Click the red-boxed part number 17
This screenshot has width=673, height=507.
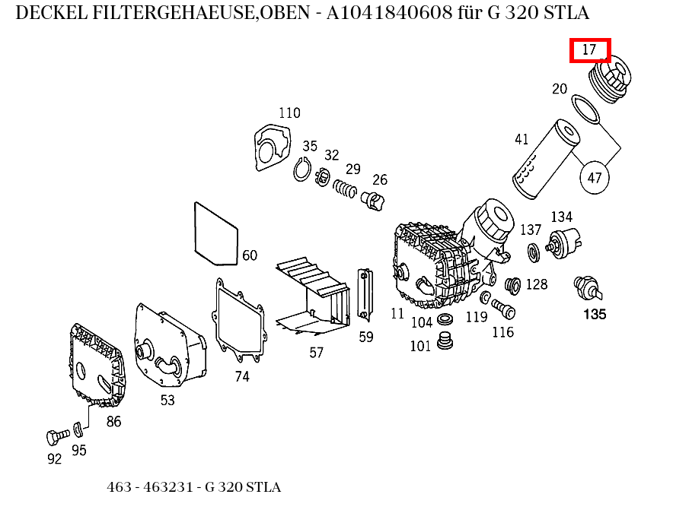point(591,50)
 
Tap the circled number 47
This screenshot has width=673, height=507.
point(595,178)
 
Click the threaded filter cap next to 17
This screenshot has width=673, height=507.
point(611,81)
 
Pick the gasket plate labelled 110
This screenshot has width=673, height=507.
point(272,147)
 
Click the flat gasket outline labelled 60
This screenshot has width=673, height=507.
point(217,235)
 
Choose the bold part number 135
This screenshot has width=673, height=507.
point(594,314)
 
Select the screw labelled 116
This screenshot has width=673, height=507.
point(503,308)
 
